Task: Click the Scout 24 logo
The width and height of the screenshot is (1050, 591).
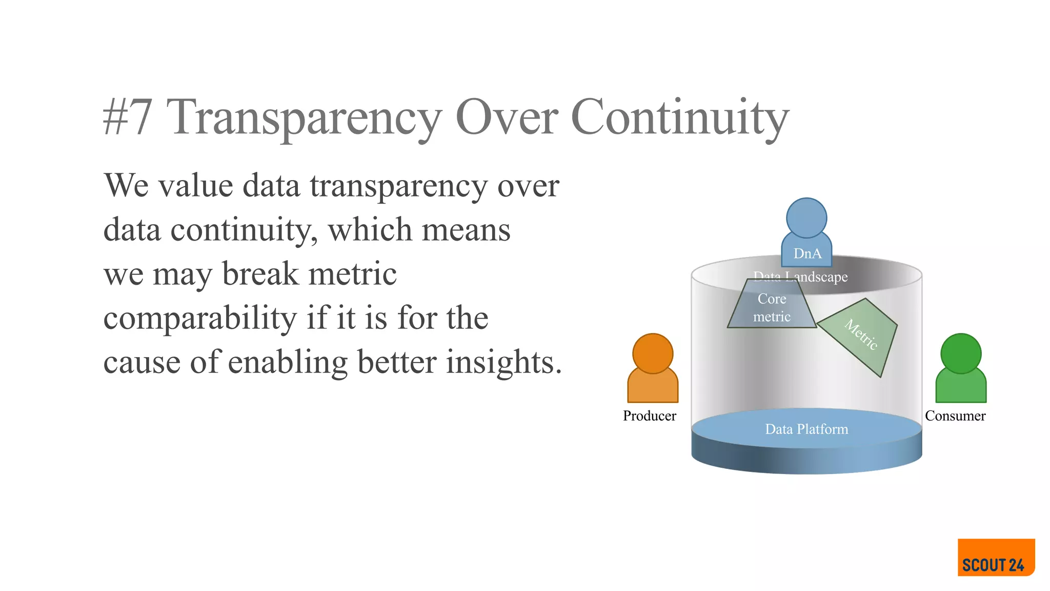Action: (996, 558)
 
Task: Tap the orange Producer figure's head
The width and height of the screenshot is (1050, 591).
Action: (653, 353)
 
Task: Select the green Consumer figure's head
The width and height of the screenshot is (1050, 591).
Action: (961, 353)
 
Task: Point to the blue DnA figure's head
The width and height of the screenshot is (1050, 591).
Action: (806, 218)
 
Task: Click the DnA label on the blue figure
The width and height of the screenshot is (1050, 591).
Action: (807, 253)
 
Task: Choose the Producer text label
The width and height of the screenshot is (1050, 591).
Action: (649, 416)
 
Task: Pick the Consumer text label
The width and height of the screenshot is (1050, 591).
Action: (955, 416)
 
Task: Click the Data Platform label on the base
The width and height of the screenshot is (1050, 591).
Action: (806, 429)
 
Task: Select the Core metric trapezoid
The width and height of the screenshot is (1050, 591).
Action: (772, 308)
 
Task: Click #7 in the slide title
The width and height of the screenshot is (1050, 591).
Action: (128, 117)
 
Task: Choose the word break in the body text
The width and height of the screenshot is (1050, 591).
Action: (260, 273)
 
